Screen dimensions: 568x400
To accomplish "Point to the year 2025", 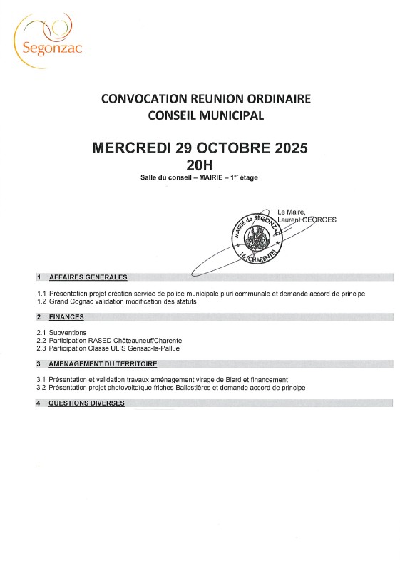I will tap(285, 149).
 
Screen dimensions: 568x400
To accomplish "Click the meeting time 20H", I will tap(200, 165).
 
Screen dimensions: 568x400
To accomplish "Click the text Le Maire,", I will tap(292, 212).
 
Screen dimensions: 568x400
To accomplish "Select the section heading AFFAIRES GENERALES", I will tap(87, 277).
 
